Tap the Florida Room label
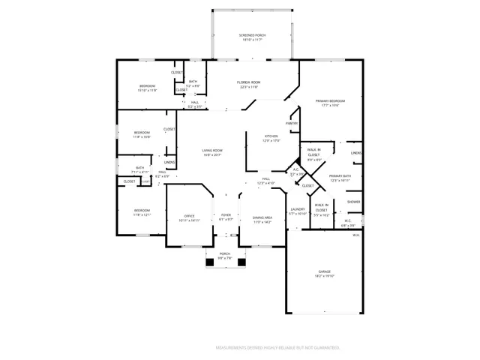248,82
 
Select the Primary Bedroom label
330,100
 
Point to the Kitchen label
271,136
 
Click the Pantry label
292,123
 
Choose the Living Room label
212,151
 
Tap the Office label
190,216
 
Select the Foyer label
225,216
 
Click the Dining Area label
262,217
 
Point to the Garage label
324,271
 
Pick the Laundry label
298,209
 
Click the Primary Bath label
340,175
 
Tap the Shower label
353,201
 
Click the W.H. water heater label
356,235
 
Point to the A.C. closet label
295,169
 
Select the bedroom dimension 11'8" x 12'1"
142,214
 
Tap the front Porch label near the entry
224,254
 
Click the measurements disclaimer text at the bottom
277,348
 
